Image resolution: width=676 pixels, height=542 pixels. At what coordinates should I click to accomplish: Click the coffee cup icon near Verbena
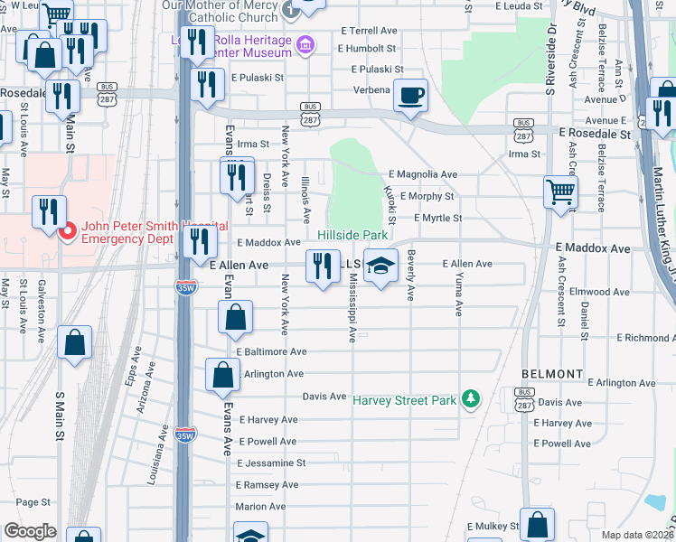[410, 96]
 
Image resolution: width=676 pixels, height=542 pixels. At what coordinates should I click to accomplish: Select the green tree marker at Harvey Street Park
[469, 398]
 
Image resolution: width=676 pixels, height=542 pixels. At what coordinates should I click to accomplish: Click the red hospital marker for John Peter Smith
[66, 232]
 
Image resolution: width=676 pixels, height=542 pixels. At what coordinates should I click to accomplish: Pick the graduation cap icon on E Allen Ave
[380, 266]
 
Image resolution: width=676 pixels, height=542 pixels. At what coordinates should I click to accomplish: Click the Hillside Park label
[352, 235]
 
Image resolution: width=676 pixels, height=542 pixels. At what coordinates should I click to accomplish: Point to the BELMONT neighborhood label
[552, 374]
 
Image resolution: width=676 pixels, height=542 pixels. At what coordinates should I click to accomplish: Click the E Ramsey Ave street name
[268, 485]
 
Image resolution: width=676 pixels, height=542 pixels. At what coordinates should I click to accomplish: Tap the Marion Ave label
[260, 507]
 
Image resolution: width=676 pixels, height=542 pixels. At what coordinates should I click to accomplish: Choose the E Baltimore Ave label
[272, 351]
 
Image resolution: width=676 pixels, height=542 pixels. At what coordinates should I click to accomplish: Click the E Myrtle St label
[437, 218]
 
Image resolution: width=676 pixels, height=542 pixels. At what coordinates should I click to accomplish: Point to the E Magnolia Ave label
[423, 174]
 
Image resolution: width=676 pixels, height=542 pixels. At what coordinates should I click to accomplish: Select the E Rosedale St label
[594, 134]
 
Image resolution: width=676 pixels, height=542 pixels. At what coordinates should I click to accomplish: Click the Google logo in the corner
[30, 531]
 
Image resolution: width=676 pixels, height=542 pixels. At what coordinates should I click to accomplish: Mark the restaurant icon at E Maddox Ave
[199, 242]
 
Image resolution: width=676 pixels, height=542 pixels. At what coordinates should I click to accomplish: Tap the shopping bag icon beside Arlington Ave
[222, 375]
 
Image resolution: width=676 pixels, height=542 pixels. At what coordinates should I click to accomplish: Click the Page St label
[33, 502]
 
